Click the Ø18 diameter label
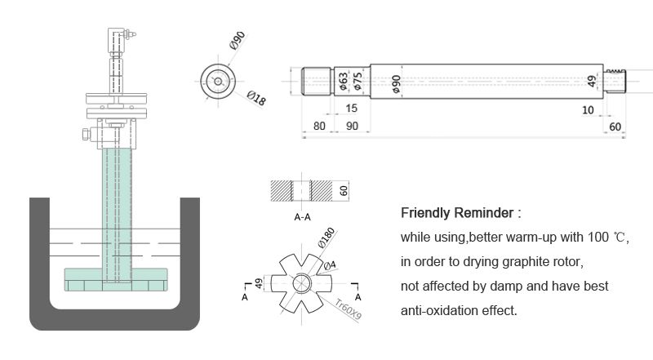[x=256, y=98]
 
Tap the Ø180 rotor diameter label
[x=326, y=238]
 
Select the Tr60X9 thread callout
[x=349, y=309]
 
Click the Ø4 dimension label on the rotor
[x=330, y=265]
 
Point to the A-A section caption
[x=302, y=217]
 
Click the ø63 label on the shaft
[x=343, y=82]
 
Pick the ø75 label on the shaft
[x=358, y=82]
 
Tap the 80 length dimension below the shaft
[x=319, y=126]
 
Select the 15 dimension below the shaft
[x=352, y=109]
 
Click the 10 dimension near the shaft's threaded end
[x=588, y=110]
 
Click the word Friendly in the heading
[x=425, y=213]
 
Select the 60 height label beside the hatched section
[x=344, y=191]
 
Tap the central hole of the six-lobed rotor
[x=302, y=283]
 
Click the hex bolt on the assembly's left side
[x=87, y=134]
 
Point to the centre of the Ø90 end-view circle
[x=218, y=82]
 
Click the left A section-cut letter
[x=244, y=297]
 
